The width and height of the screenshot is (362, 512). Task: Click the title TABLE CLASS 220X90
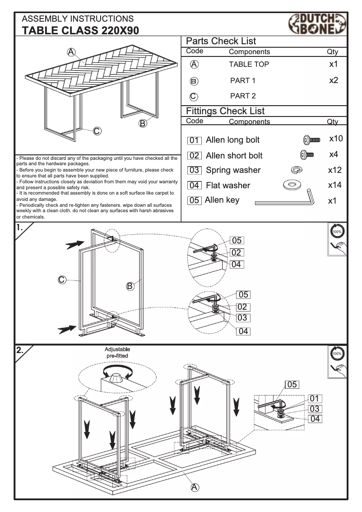coord(80,30)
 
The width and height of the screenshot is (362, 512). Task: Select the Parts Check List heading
coord(221,41)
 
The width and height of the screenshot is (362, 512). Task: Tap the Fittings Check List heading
coord(225,111)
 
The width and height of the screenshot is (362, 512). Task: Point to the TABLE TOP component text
coord(249,65)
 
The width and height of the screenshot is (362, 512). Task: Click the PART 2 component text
coord(243,96)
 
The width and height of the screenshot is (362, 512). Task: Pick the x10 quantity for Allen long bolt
coord(336,139)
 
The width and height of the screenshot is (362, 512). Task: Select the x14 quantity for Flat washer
coord(334,185)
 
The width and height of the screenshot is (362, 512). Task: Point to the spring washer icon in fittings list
coord(297,170)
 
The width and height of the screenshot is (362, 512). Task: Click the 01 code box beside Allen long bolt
coord(194,140)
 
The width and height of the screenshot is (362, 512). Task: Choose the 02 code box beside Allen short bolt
coord(194,156)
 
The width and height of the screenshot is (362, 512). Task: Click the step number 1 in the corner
coord(20,228)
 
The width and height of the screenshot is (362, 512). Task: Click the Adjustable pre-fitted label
coord(117,353)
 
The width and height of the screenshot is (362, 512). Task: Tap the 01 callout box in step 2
coord(315,398)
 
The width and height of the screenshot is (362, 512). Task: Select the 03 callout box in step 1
coord(242,318)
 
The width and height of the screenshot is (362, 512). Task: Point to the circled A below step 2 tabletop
coord(195,487)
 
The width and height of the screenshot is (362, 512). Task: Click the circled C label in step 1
coord(62,279)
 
